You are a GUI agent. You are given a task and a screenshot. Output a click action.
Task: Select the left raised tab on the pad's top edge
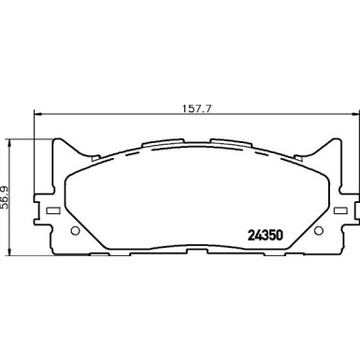pyautogui.click(x=156, y=144)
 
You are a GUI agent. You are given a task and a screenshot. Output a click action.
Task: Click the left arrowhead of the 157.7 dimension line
pyautogui.click(x=37, y=115)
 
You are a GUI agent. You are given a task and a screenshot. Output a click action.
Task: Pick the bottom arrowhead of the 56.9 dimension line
pyautogui.click(x=10, y=250)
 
